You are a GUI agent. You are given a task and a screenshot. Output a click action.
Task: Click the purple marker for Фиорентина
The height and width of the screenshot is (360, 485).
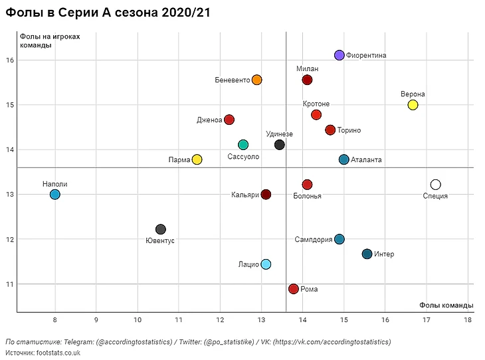tap(339, 55)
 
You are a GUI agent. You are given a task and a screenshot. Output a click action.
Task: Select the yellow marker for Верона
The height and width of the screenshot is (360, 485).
tap(413, 105)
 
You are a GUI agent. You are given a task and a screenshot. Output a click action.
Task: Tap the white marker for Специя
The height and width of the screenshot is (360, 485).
tap(435, 185)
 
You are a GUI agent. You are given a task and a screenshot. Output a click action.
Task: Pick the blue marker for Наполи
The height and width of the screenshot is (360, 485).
tap(55, 195)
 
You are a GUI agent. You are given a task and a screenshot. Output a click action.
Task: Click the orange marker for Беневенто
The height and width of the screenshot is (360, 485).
tap(256, 80)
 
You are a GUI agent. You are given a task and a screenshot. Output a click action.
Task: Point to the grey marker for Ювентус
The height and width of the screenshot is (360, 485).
tap(160, 229)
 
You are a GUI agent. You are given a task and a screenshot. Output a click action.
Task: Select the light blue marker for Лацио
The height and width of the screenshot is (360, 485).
tap(266, 264)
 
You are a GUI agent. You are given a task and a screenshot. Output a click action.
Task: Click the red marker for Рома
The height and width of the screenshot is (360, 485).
tap(293, 289)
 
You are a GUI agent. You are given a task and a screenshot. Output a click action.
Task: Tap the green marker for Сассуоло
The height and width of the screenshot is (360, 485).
tap(243, 145)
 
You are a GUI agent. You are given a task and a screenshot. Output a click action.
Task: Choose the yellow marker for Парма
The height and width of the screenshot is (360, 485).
tap(197, 159)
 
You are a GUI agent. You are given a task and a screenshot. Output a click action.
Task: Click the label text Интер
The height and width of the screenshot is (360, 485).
tap(384, 254)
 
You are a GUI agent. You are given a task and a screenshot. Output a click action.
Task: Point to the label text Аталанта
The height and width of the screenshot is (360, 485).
tap(366, 160)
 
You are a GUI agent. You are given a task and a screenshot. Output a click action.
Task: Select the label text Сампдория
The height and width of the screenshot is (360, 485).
tap(313, 240)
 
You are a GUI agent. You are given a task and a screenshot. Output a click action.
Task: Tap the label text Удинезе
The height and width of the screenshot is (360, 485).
tap(279, 134)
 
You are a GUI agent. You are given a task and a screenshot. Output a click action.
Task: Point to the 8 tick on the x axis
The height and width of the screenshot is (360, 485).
tap(55, 319)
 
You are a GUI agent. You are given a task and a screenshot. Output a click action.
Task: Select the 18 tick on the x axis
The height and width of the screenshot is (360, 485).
tap(468, 319)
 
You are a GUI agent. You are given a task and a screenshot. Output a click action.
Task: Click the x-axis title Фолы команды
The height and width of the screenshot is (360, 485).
tap(446, 305)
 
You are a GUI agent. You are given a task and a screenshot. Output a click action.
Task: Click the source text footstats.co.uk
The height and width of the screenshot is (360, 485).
tap(58, 353)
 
